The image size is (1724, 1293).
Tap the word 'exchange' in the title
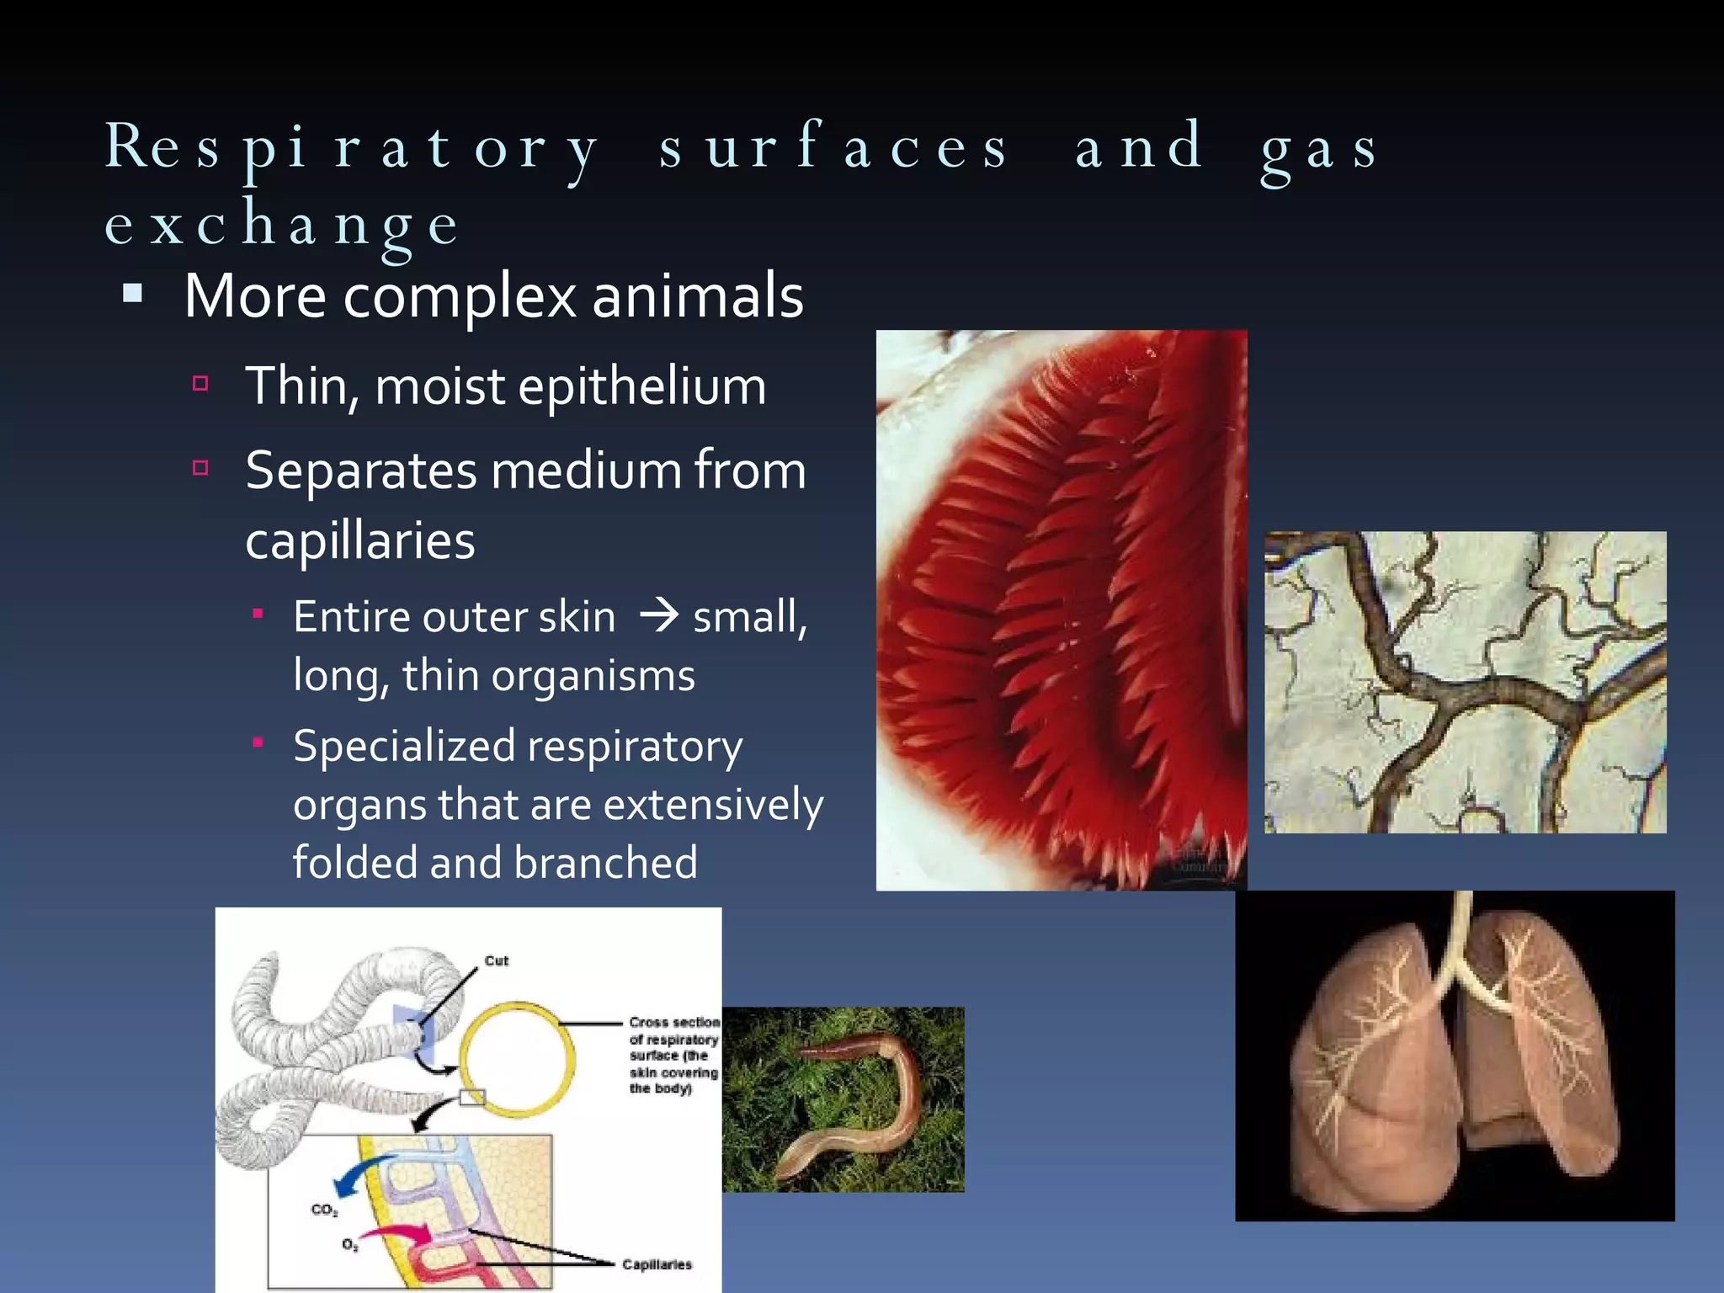click(x=282, y=225)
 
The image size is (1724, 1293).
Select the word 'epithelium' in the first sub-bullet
click(x=641, y=387)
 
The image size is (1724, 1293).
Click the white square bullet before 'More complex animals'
click(x=133, y=294)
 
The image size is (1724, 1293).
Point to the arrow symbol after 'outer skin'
click(x=658, y=616)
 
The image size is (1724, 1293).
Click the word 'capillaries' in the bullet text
click(x=360, y=541)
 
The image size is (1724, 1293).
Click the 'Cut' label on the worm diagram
click(x=496, y=960)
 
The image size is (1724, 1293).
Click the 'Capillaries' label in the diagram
click(x=657, y=1264)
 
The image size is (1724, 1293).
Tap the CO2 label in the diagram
click(x=324, y=1210)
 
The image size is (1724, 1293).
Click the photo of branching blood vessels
click(x=1465, y=682)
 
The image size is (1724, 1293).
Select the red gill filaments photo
click(x=1061, y=610)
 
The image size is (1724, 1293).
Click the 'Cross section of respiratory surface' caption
click(x=673, y=1055)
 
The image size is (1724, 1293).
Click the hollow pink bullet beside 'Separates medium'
click(x=200, y=468)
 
